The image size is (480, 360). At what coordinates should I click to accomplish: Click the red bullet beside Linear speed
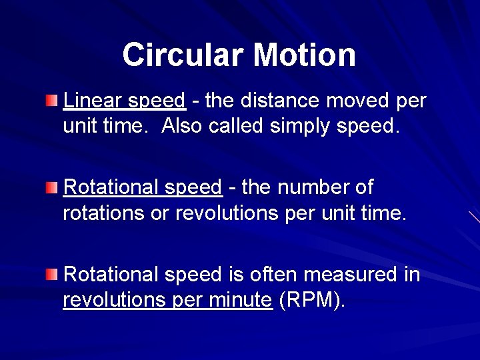[x=52, y=101]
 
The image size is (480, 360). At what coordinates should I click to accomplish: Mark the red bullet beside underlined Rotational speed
[x=52, y=187]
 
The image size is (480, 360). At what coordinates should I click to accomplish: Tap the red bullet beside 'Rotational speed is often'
[x=52, y=274]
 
